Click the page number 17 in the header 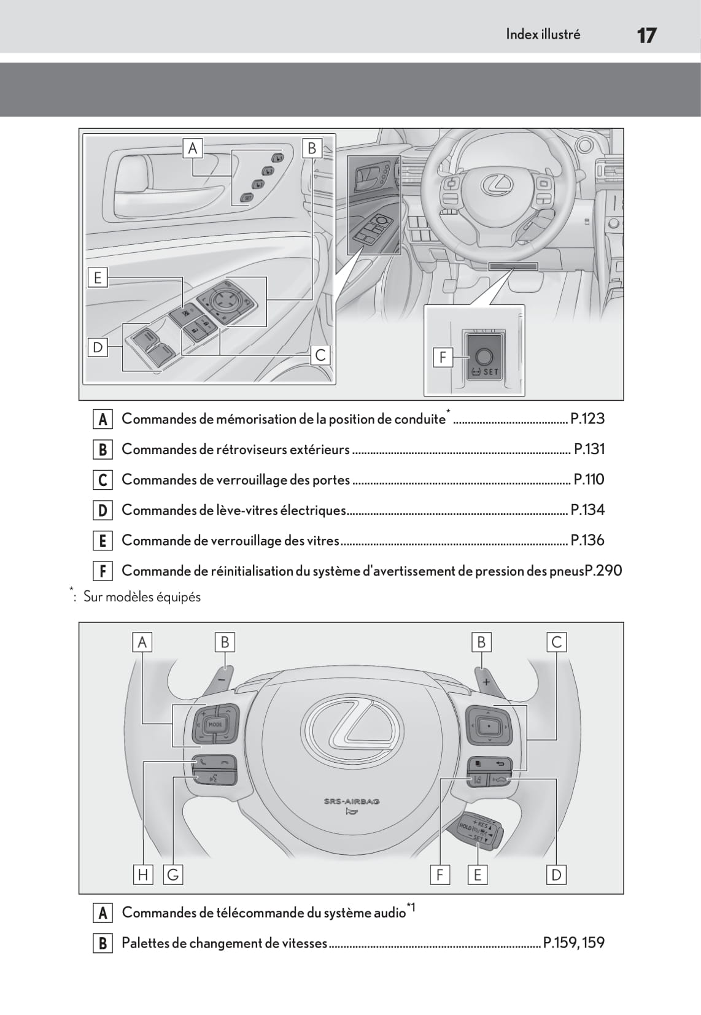coord(646,35)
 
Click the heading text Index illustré coord(543,34)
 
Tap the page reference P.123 coord(587,419)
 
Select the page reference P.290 coord(604,571)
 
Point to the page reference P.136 coord(587,541)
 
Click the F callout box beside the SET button coord(443,357)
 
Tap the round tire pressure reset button coord(484,356)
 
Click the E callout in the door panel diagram coord(97,277)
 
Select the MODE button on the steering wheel coord(215,724)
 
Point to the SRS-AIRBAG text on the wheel coord(352,801)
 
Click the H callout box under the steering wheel coord(143,874)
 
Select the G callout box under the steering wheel coord(173,874)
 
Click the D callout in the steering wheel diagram coord(556,874)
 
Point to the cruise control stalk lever coord(482,832)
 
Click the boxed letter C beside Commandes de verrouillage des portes coord(103,480)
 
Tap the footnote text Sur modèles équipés coord(142,597)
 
